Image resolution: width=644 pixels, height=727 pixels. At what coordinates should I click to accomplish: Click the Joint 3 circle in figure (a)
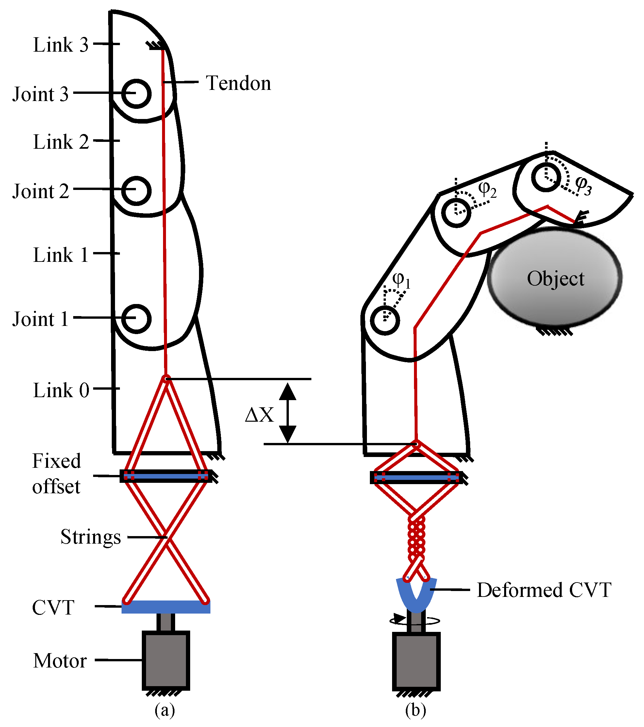pyautogui.click(x=136, y=93)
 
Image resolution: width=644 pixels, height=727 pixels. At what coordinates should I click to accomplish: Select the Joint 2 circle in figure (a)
pyautogui.click(x=136, y=191)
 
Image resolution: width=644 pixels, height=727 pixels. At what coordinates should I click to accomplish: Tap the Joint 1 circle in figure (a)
pyautogui.click(x=136, y=319)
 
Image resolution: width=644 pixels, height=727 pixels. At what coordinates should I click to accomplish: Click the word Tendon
pyautogui.click(x=238, y=83)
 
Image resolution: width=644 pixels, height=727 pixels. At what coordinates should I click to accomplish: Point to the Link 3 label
pyautogui.click(x=60, y=45)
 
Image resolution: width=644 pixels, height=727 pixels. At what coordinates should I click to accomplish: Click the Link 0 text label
pyautogui.click(x=61, y=391)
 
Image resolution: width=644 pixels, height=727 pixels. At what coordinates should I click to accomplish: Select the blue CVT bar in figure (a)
pyautogui.click(x=166, y=607)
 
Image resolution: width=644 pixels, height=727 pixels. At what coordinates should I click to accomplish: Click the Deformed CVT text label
pyautogui.click(x=544, y=590)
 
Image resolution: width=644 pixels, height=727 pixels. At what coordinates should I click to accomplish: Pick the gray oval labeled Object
pyautogui.click(x=555, y=278)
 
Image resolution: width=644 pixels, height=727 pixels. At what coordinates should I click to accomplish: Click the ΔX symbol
pyautogui.click(x=259, y=415)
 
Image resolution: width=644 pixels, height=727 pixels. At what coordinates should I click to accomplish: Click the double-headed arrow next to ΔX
pyautogui.click(x=287, y=413)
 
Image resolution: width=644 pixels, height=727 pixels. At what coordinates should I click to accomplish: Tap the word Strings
pyautogui.click(x=91, y=537)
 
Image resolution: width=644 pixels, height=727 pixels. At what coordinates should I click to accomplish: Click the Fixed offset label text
pyautogui.click(x=57, y=474)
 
